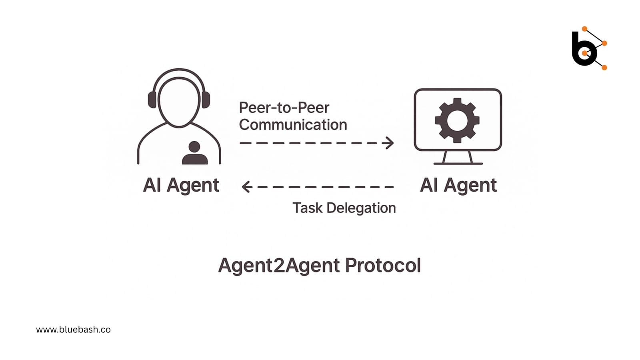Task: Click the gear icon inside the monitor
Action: pyautogui.click(x=457, y=120)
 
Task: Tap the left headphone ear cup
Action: pyautogui.click(x=152, y=100)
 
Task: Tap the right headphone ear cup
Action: pyautogui.click(x=206, y=100)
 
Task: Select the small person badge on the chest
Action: pyautogui.click(x=194, y=153)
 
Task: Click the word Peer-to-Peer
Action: pyautogui.click(x=284, y=108)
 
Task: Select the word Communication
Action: pyautogui.click(x=293, y=125)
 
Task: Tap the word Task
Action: pyautogui.click(x=307, y=208)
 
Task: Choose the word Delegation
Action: pyautogui.click(x=361, y=208)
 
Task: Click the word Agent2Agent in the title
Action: pyautogui.click(x=279, y=265)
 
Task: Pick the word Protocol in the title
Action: pyautogui.click(x=383, y=265)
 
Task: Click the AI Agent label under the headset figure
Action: pyautogui.click(x=181, y=185)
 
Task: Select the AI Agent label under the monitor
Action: pyautogui.click(x=458, y=185)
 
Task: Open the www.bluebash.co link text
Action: pyautogui.click(x=73, y=330)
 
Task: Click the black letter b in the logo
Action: pyautogui.click(x=582, y=50)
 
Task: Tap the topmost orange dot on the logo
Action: pyautogui.click(x=584, y=29)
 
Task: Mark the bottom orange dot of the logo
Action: pyautogui.click(x=604, y=68)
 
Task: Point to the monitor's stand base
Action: pyautogui.click(x=458, y=163)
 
